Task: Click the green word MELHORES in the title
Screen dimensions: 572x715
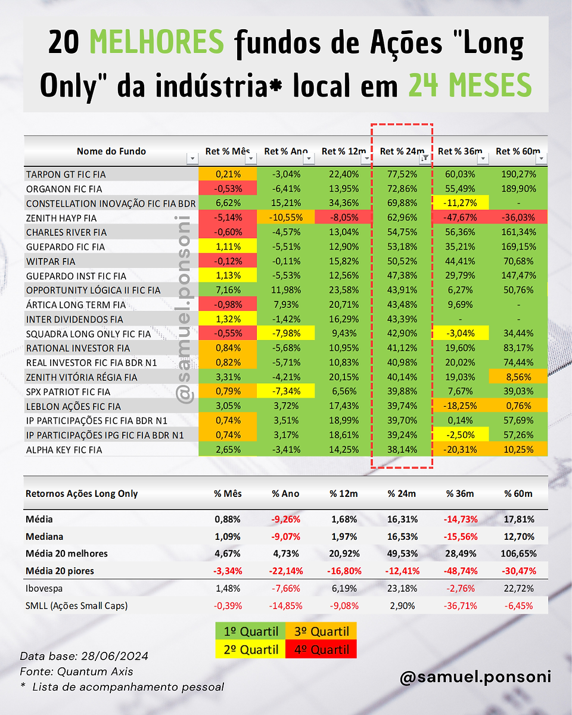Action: pyautogui.click(x=157, y=42)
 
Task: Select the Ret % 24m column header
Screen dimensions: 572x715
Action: pyautogui.click(x=402, y=151)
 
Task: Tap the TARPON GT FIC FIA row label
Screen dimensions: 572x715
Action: pyautogui.click(x=66, y=175)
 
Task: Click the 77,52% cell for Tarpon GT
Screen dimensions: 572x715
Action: pyautogui.click(x=402, y=174)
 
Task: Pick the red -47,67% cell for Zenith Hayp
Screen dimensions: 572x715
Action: pyautogui.click(x=460, y=217)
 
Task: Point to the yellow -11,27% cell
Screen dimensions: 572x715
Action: pyautogui.click(x=461, y=203)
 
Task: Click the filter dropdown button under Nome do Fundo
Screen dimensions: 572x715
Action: pyautogui.click(x=192, y=158)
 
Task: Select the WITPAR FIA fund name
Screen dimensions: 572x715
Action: pyautogui.click(x=51, y=262)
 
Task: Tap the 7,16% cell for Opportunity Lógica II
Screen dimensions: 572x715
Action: pyautogui.click(x=228, y=290)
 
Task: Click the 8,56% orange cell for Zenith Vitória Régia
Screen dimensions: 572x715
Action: pyautogui.click(x=518, y=377)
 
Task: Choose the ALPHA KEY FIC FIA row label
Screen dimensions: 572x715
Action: pyautogui.click(x=64, y=450)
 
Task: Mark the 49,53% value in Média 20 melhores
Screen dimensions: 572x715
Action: pyautogui.click(x=402, y=554)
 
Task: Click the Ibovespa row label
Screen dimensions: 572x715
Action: pyautogui.click(x=44, y=589)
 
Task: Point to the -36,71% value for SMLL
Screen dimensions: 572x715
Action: pyautogui.click(x=461, y=606)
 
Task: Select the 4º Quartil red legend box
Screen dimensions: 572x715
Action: pyautogui.click(x=321, y=649)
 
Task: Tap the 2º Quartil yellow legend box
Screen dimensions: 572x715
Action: pyautogui.click(x=251, y=649)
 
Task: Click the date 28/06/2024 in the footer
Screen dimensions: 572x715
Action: pyautogui.click(x=114, y=656)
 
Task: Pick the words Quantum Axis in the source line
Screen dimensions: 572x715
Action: pyautogui.click(x=95, y=672)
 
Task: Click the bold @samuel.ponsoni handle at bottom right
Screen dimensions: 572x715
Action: pyautogui.click(x=475, y=677)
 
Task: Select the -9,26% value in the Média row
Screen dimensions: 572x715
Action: pyautogui.click(x=286, y=519)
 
